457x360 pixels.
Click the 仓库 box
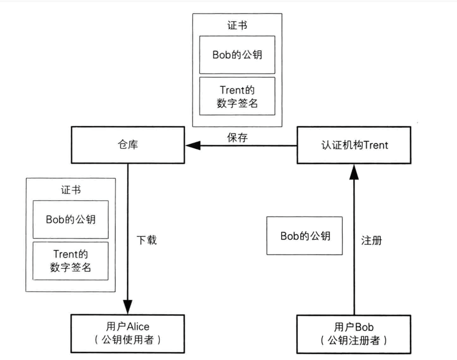(128, 145)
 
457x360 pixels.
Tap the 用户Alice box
(127, 333)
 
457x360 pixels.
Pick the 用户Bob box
(353, 334)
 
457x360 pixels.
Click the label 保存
(238, 138)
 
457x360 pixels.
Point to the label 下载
(146, 240)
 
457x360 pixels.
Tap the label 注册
(371, 240)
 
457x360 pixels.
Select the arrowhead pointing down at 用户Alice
(128, 307)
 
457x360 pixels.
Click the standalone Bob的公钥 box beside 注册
(305, 236)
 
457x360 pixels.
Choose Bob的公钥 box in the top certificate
(237, 55)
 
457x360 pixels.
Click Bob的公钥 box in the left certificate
(71, 219)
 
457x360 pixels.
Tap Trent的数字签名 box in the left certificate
(71, 261)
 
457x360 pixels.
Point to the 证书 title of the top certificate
(238, 25)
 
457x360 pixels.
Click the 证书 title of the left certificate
(71, 190)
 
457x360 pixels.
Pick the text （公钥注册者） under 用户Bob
(353, 340)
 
